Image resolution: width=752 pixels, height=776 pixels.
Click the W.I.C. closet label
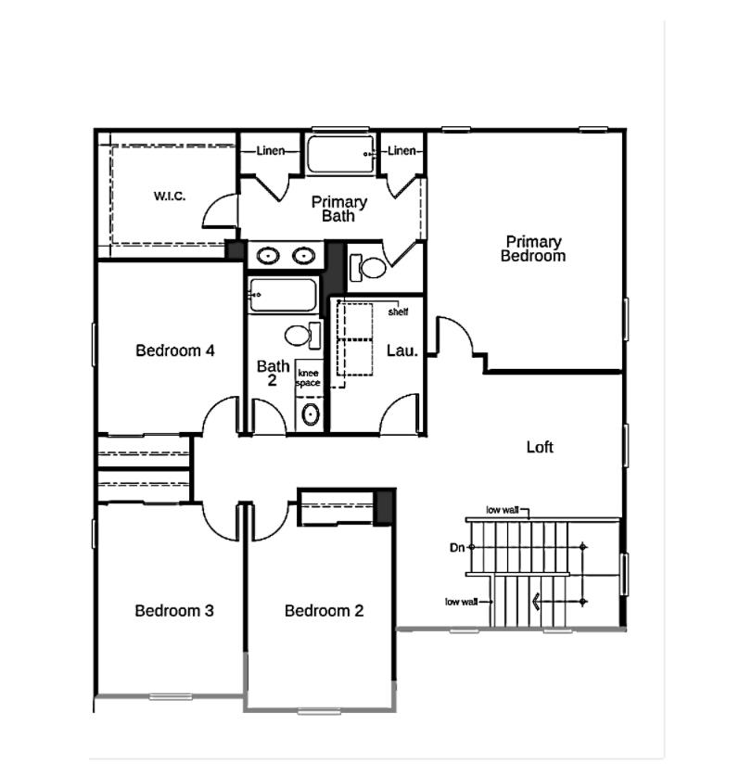click(x=170, y=196)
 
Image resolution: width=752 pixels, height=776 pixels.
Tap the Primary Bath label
click(x=338, y=209)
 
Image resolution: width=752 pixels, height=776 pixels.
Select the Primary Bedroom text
click(x=533, y=248)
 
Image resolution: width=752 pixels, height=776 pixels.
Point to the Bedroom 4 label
click(x=175, y=350)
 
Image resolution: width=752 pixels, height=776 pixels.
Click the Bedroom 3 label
click(x=174, y=611)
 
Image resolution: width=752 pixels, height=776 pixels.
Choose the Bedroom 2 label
click(x=324, y=611)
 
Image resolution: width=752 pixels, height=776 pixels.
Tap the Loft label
click(x=540, y=447)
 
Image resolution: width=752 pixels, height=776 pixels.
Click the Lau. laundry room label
click(x=402, y=350)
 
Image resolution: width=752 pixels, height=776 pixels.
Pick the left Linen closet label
click(x=271, y=151)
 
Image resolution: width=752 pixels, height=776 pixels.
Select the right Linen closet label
click(x=401, y=151)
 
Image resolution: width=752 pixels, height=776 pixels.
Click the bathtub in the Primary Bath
click(x=340, y=154)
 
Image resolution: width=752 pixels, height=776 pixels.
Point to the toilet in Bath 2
click(x=300, y=334)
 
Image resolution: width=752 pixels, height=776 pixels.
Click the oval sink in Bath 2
click(x=311, y=414)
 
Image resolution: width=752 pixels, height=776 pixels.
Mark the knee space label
click(x=308, y=377)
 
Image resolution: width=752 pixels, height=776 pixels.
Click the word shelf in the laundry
click(x=398, y=312)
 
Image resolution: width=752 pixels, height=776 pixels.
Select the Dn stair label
click(x=456, y=548)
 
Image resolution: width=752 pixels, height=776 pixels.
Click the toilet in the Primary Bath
click(x=370, y=268)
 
